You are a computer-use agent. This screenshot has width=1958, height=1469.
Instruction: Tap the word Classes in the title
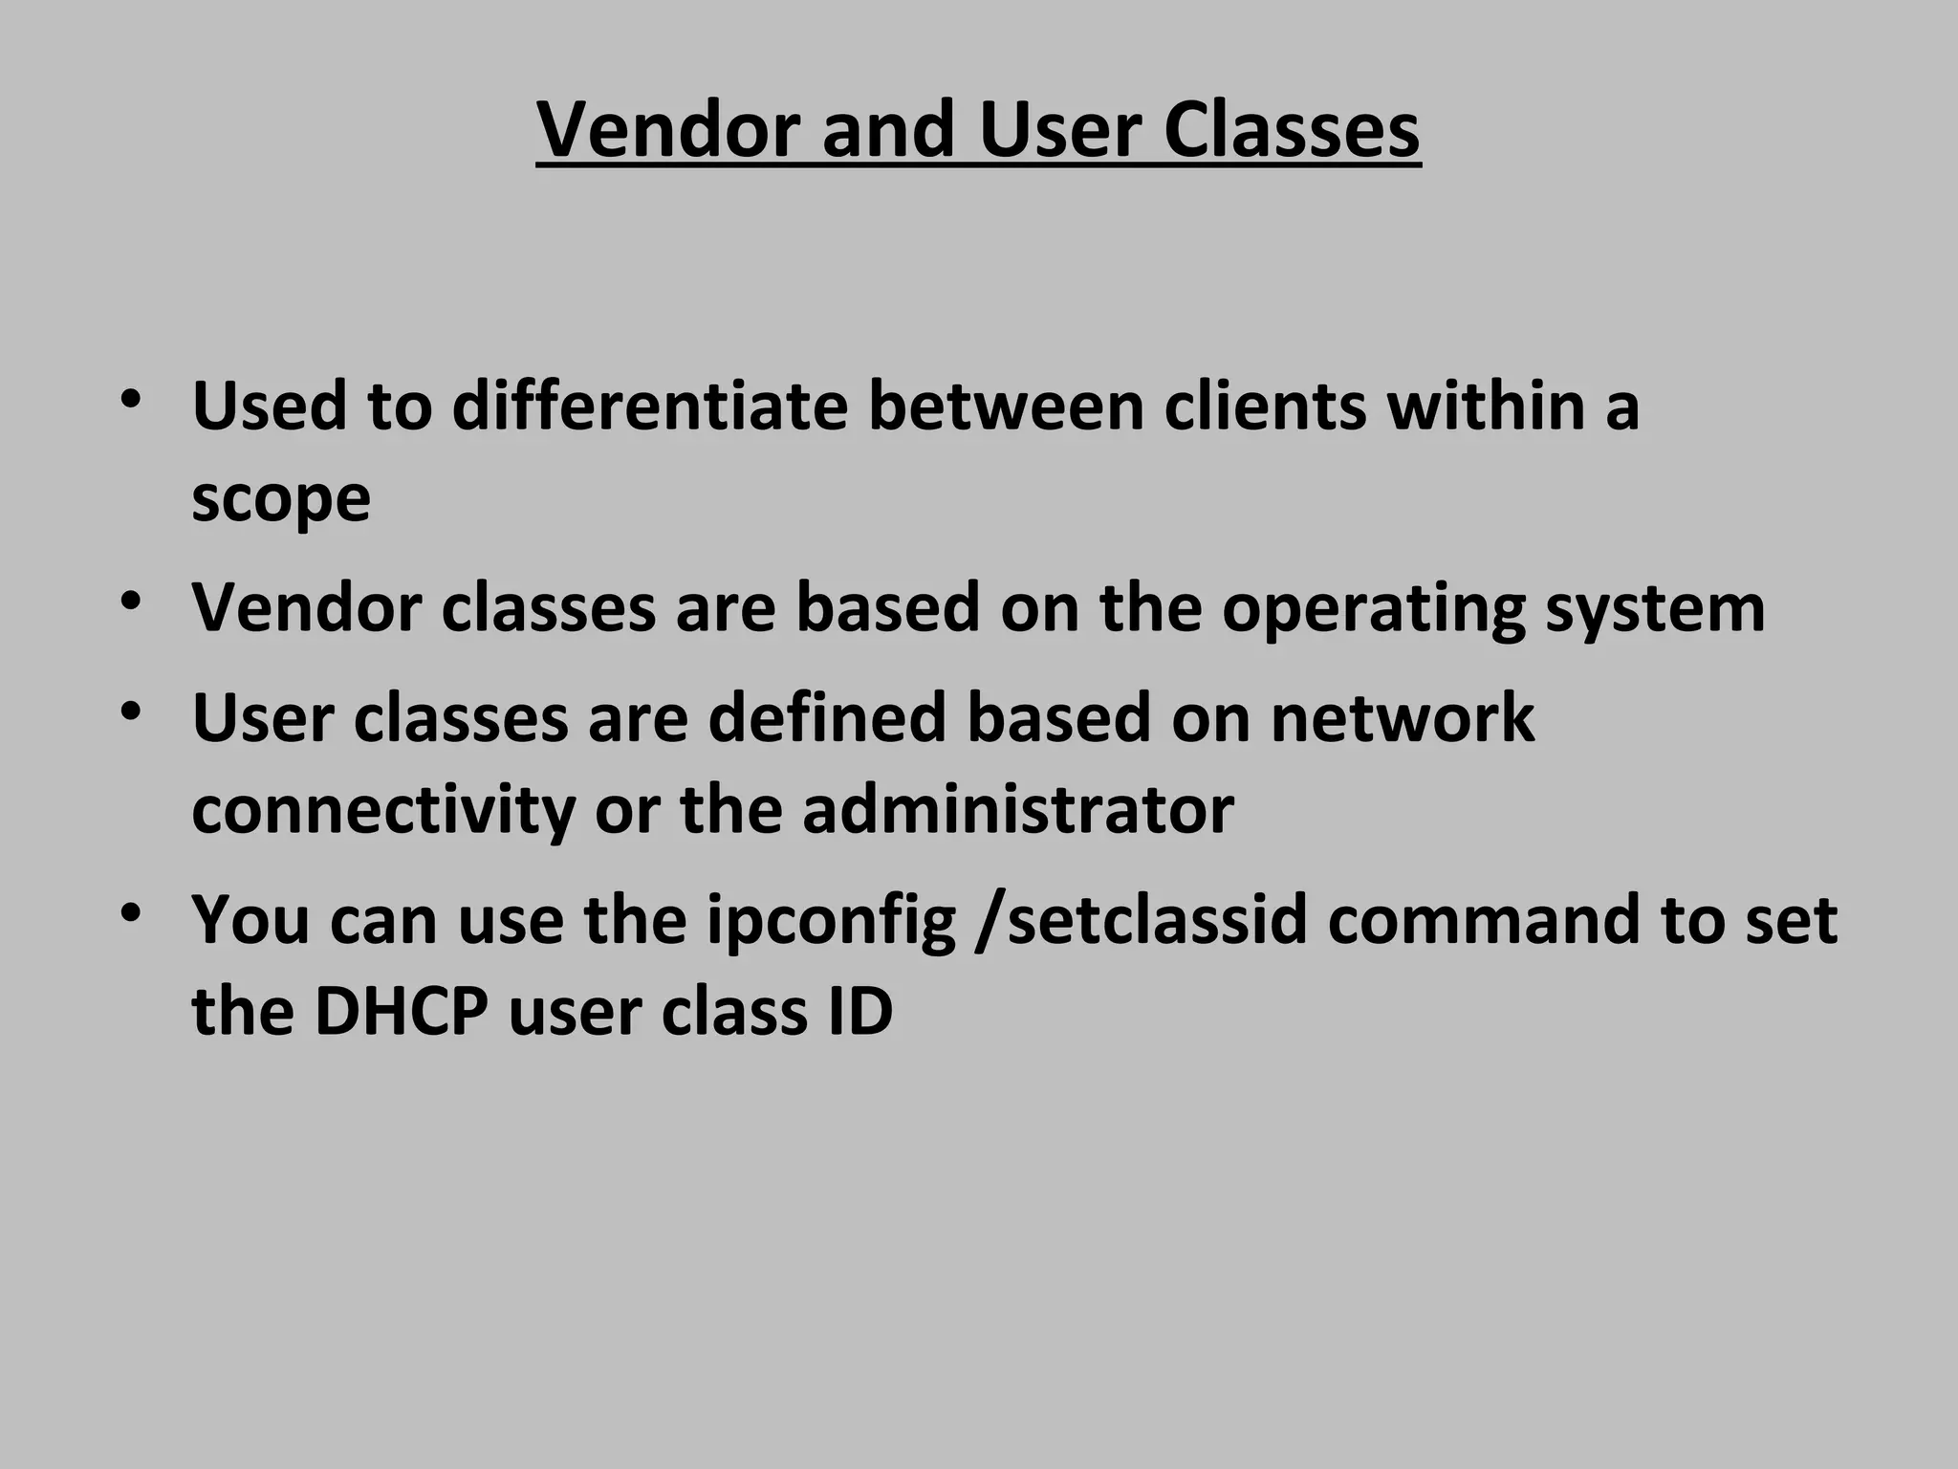tap(1292, 130)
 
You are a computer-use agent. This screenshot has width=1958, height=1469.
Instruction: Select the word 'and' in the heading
tap(887, 130)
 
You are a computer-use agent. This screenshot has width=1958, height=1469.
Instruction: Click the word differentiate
tap(649, 406)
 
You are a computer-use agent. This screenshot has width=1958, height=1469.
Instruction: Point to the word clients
tap(1265, 406)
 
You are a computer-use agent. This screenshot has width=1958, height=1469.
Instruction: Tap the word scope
tap(280, 499)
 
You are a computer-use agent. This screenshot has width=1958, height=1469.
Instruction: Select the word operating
tap(1373, 608)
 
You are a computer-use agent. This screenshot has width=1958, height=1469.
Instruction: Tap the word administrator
tap(1018, 809)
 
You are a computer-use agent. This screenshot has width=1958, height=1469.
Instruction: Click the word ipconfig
tap(831, 921)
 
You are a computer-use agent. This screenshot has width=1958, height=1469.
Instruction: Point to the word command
tap(1483, 919)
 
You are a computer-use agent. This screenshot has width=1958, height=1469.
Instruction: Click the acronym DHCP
tap(402, 1011)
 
